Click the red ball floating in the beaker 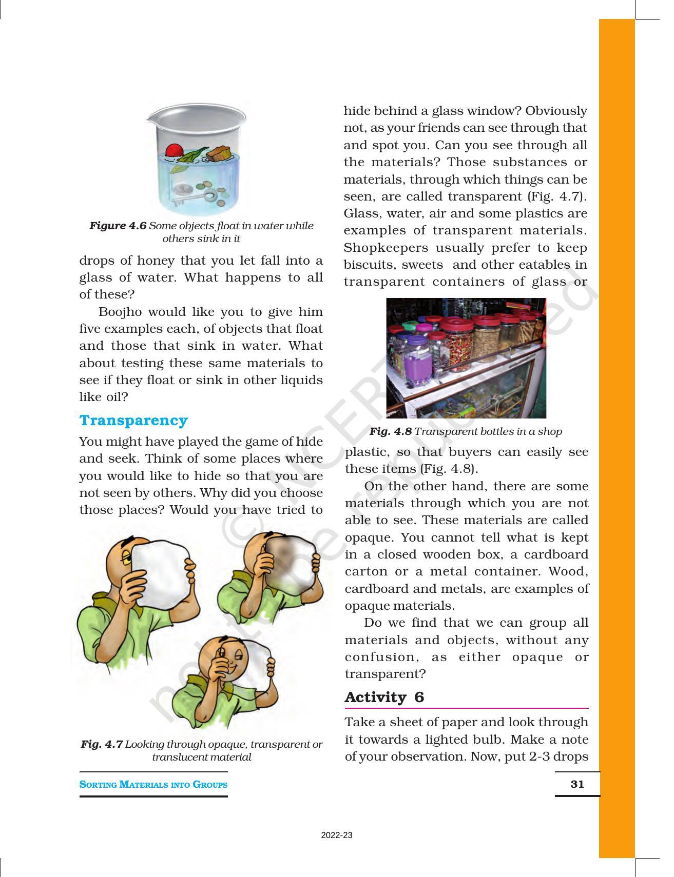point(174,150)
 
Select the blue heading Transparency point(133,421)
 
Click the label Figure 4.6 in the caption point(118,226)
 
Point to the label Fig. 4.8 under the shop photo point(390,431)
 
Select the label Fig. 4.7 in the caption point(102,744)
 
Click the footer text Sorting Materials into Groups point(153,784)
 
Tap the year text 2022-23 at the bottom point(337,835)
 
